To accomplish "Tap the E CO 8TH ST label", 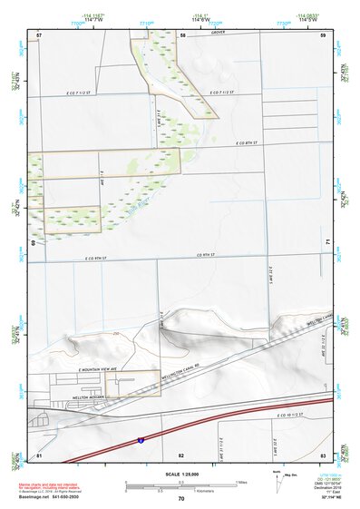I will [244, 143].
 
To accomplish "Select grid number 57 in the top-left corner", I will [39, 34].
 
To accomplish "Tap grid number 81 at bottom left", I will [39, 454].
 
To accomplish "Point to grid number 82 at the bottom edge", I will [181, 454].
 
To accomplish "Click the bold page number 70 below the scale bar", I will [180, 499].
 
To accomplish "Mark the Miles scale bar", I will [180, 482].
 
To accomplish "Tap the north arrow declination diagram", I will [277, 478].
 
